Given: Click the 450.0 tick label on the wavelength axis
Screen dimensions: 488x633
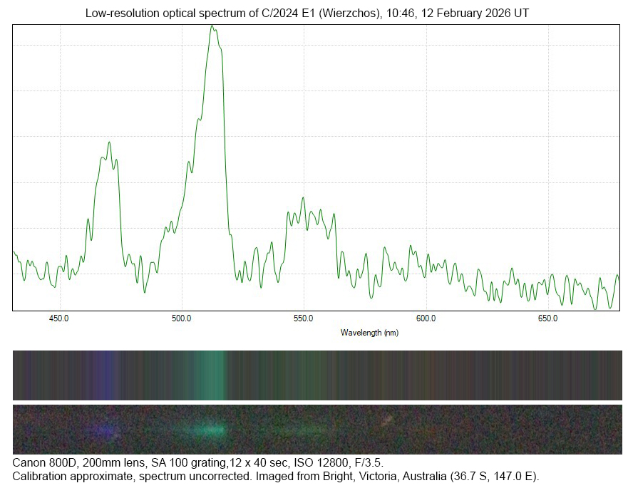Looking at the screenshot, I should pyautogui.click(x=60, y=318).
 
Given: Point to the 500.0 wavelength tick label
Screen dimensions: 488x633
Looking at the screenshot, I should pyautogui.click(x=182, y=318).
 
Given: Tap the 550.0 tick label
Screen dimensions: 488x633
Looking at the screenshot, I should pyautogui.click(x=304, y=318).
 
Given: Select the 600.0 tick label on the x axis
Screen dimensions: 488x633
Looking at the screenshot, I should pyautogui.click(x=426, y=318).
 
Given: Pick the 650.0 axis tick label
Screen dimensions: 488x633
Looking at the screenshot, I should pyautogui.click(x=547, y=318).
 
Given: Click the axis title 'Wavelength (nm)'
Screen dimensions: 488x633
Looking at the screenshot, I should pyautogui.click(x=369, y=333).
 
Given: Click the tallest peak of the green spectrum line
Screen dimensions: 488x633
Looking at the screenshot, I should pyautogui.click(x=212, y=26).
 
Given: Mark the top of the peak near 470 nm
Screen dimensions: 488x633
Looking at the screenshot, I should pyautogui.click(x=109, y=142).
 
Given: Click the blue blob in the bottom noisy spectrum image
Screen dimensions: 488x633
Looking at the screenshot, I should pyautogui.click(x=107, y=430).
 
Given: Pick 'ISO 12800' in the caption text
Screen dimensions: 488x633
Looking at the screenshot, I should pyautogui.click(x=309, y=463).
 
